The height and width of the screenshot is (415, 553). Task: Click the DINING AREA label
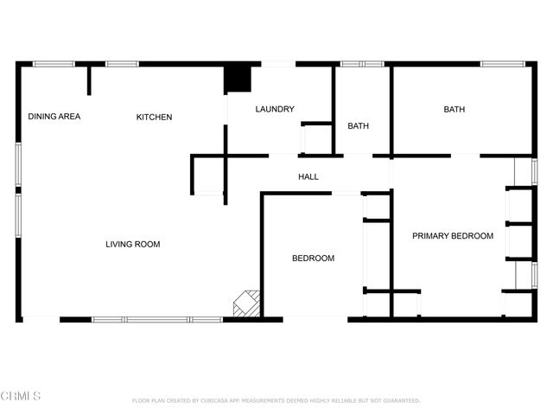[x=54, y=117]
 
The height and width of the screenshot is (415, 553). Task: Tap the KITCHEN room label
[x=155, y=118]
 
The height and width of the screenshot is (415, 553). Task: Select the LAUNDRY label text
[x=275, y=109]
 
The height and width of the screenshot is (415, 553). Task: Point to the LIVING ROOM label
[x=133, y=245]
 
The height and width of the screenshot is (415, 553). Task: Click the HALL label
[x=308, y=177]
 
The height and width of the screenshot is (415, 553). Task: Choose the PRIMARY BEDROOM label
[x=453, y=236]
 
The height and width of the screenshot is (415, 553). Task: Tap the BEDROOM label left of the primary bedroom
[x=313, y=259]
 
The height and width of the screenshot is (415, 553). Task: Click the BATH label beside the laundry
[x=359, y=126]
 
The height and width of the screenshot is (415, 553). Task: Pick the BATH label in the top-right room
[x=454, y=110]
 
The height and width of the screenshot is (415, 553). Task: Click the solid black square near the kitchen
[x=238, y=78]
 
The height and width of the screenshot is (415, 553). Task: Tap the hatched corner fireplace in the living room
[x=248, y=304]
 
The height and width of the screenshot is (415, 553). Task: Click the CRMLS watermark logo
[x=21, y=396]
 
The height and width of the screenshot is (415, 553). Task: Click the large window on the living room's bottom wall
[x=157, y=320]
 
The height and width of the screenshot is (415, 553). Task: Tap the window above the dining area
[x=54, y=63]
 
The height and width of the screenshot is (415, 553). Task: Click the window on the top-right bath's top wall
[x=502, y=63]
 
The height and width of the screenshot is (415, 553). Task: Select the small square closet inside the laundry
[x=315, y=138]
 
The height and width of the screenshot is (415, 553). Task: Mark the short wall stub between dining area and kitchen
[x=88, y=80]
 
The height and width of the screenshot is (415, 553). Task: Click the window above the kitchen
[x=122, y=63]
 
